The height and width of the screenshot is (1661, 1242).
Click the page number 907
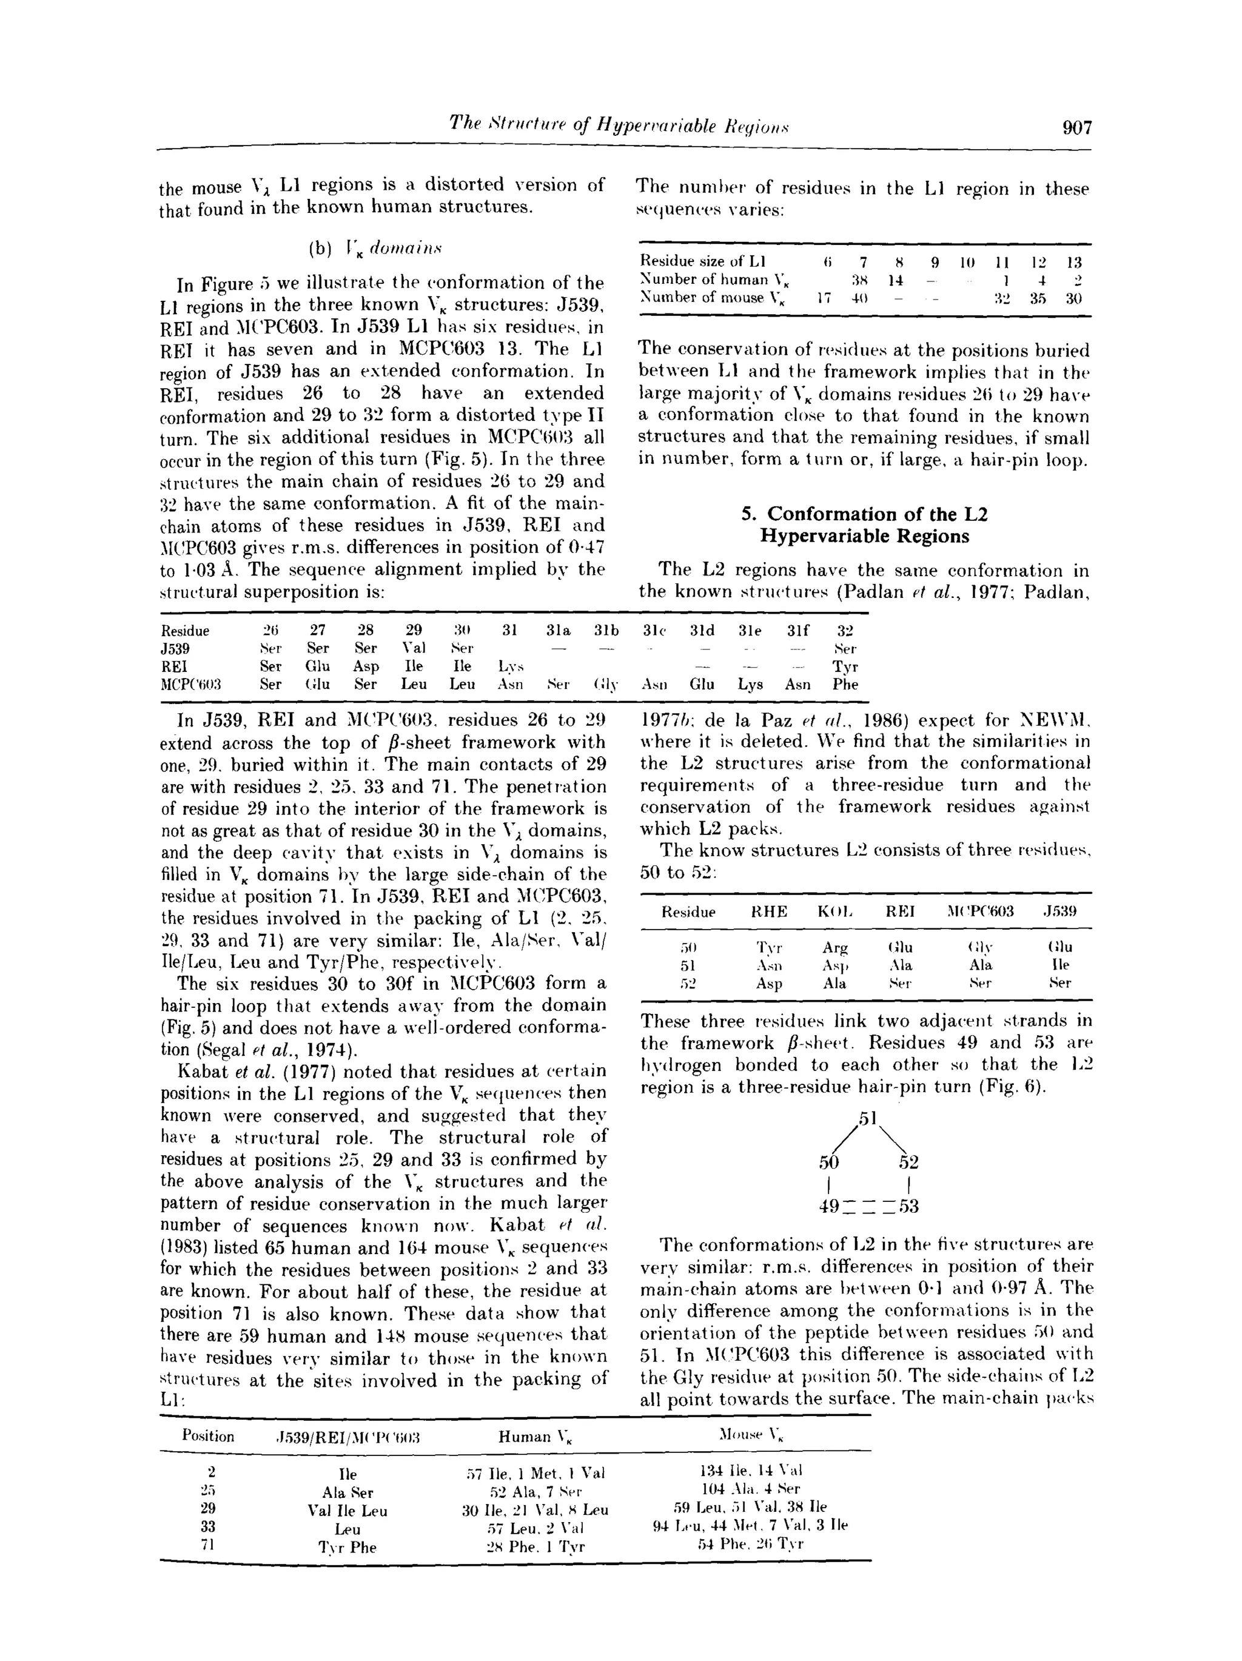pos(1077,128)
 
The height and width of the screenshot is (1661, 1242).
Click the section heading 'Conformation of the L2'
pos(864,514)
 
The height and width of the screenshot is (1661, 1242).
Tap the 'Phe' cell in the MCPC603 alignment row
pos(845,684)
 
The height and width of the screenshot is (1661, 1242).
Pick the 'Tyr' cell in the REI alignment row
pos(845,666)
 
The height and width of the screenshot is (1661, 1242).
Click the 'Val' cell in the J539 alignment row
pos(414,648)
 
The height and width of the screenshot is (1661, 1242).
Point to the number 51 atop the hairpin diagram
pos(867,1118)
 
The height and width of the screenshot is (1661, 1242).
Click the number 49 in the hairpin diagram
pos(828,1207)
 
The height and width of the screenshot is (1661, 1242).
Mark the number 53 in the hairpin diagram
pos(908,1207)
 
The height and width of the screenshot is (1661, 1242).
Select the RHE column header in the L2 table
pos(770,911)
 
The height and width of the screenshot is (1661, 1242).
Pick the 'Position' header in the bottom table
pos(208,1437)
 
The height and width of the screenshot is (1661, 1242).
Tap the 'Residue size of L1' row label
pos(702,261)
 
